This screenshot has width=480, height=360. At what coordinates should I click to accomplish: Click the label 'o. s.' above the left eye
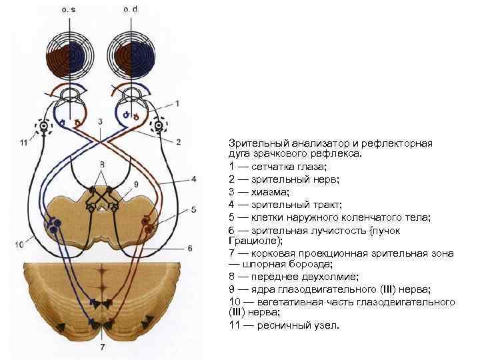tap(69, 10)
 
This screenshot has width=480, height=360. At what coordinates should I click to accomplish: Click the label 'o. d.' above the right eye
tap(131, 10)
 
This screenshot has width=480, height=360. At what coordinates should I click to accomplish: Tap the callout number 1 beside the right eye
tap(178, 103)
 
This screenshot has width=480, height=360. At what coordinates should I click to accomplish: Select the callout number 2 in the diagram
tap(179, 141)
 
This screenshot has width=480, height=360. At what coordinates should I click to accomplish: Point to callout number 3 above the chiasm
tap(100, 122)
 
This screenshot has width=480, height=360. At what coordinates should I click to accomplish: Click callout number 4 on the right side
tap(193, 179)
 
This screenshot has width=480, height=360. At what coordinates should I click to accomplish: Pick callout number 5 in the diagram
tap(193, 209)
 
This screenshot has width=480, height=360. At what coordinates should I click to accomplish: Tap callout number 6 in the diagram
tap(189, 248)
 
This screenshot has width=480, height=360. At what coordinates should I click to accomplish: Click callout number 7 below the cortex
tap(101, 347)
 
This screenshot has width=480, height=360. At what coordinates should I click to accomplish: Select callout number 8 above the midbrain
tap(102, 164)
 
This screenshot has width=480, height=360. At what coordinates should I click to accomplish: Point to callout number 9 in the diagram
tap(136, 184)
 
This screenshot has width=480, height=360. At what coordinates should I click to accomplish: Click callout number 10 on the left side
tap(19, 245)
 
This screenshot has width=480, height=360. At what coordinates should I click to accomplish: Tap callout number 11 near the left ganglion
tap(23, 142)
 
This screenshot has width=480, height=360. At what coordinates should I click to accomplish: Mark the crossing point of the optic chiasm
tap(101, 142)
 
